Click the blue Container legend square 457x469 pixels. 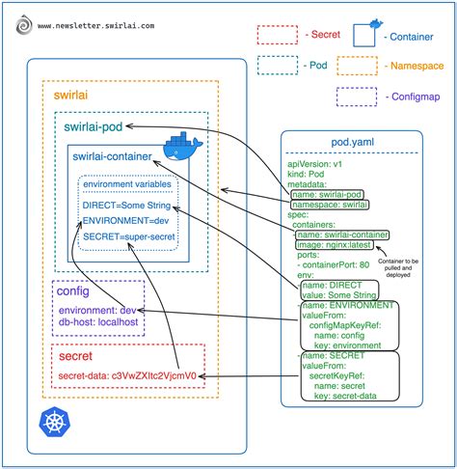(364, 35)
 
